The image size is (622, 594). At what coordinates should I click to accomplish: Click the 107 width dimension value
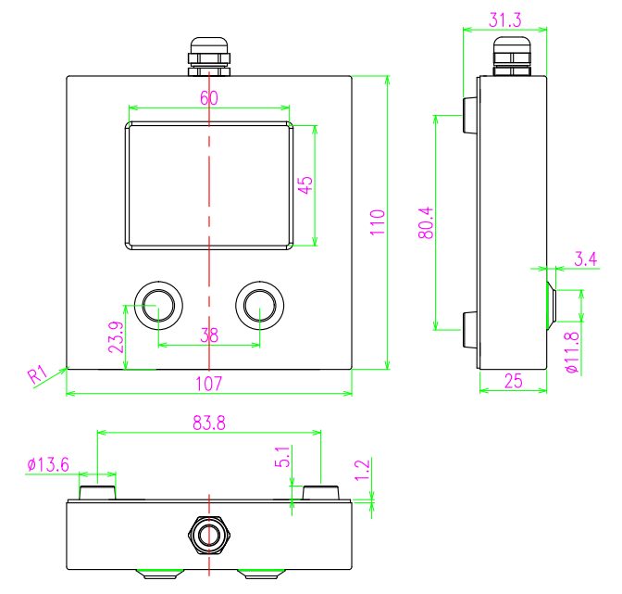209,383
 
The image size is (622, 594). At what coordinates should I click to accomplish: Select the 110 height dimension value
377,223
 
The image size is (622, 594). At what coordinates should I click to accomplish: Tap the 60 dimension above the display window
209,97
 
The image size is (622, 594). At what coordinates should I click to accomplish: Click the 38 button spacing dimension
209,336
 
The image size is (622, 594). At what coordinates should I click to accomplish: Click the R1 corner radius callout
37,375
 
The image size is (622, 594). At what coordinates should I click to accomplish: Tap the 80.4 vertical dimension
426,223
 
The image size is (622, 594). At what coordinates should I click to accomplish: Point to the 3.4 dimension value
585,259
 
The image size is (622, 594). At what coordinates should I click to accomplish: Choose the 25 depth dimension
513,380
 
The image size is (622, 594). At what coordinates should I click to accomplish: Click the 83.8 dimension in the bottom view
209,423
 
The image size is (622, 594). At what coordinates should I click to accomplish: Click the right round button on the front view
260,305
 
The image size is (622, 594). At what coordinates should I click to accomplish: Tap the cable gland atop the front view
209,56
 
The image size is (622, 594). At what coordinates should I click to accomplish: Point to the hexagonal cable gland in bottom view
209,534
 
